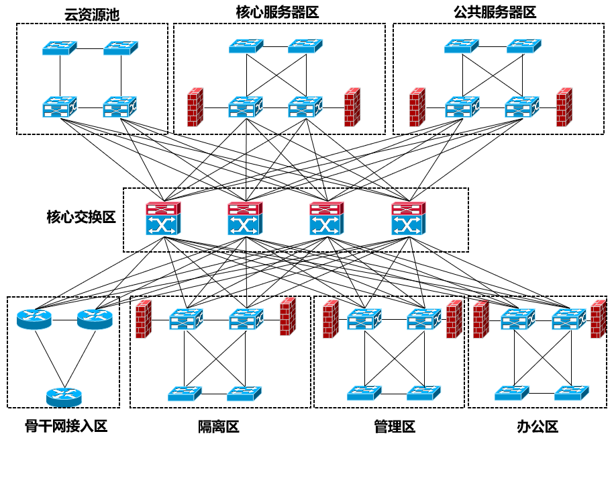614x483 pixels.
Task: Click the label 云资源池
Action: click(x=92, y=14)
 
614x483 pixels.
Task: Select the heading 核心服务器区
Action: click(x=277, y=12)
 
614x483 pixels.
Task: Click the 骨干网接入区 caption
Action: click(x=66, y=427)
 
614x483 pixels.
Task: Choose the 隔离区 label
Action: click(x=218, y=427)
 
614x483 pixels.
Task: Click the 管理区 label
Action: click(x=395, y=427)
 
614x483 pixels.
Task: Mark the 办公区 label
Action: click(x=538, y=427)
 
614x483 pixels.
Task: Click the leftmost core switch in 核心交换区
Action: click(x=164, y=219)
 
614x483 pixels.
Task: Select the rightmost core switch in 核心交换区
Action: click(x=409, y=219)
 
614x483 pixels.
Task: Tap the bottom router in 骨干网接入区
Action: click(x=64, y=397)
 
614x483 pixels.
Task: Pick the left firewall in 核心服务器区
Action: click(x=195, y=107)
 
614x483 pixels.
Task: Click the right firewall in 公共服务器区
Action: click(x=564, y=107)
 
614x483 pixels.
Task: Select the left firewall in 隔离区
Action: click(x=143, y=319)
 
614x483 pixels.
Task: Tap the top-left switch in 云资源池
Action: click(x=60, y=48)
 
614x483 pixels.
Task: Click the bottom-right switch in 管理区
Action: click(x=424, y=392)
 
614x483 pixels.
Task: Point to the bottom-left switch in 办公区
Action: click(x=512, y=392)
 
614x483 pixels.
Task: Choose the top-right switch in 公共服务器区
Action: click(x=523, y=46)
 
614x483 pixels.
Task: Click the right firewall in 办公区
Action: click(x=598, y=319)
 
